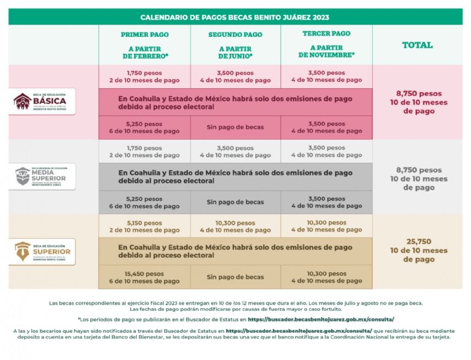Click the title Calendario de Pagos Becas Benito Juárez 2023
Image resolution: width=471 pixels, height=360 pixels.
pyautogui.click(x=235, y=17)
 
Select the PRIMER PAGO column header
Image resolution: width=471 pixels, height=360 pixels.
pyautogui.click(x=145, y=44)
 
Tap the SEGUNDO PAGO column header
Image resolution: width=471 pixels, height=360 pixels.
pyautogui.click(x=235, y=44)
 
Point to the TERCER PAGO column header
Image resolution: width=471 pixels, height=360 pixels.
pyautogui.click(x=326, y=44)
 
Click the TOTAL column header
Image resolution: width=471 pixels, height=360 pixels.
pyautogui.click(x=417, y=45)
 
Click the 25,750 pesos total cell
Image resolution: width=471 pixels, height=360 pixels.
pyautogui.click(x=418, y=250)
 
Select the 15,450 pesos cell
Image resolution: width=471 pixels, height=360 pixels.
pyautogui.click(x=145, y=277)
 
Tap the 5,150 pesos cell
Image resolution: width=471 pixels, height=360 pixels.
pyautogui.click(x=145, y=226)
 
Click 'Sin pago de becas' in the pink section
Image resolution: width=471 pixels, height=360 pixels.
pyautogui.click(x=235, y=127)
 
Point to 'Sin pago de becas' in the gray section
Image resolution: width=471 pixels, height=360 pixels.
pyautogui.click(x=235, y=202)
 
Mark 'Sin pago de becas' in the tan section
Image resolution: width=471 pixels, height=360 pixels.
pyautogui.click(x=235, y=277)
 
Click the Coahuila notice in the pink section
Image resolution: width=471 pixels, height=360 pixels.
pyautogui.click(x=235, y=102)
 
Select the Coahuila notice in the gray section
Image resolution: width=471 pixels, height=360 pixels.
pyautogui.click(x=235, y=177)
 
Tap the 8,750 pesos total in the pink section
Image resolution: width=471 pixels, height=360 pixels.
pyautogui.click(x=418, y=102)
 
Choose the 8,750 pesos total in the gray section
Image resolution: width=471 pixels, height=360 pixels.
pyautogui.click(x=418, y=178)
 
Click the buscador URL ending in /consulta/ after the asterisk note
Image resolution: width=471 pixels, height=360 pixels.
pyautogui.click(x=321, y=320)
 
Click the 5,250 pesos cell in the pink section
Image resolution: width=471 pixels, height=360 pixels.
pyautogui.click(x=145, y=127)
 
